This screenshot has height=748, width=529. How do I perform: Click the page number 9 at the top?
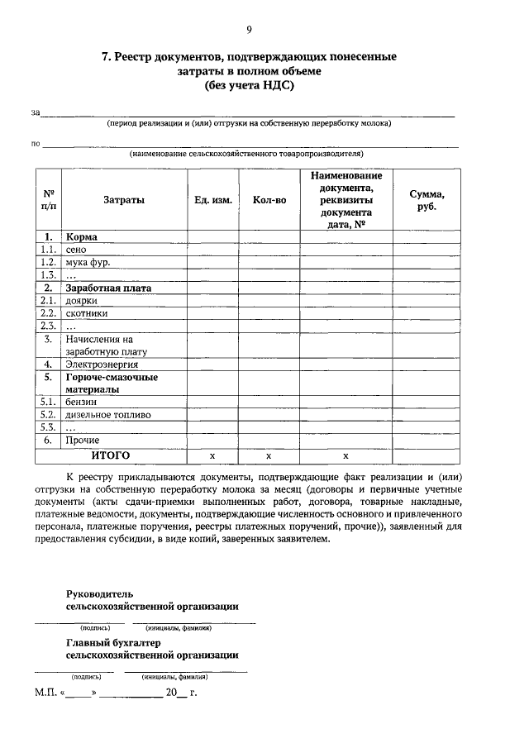coord(249,31)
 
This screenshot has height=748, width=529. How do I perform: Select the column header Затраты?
coord(124,200)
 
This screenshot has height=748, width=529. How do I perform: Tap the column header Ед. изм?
coord(212,200)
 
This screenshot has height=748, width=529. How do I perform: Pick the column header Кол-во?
coord(269,200)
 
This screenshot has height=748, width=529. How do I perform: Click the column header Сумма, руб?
coord(427,200)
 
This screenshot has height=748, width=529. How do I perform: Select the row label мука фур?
coord(88,262)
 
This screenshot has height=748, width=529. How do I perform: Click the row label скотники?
coord(86,314)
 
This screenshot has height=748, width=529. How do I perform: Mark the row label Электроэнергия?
coord(102,364)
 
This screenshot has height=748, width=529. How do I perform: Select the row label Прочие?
coord(83,441)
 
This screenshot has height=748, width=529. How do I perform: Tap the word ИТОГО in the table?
coord(110,455)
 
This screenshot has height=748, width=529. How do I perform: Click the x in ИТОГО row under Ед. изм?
coord(212,455)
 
